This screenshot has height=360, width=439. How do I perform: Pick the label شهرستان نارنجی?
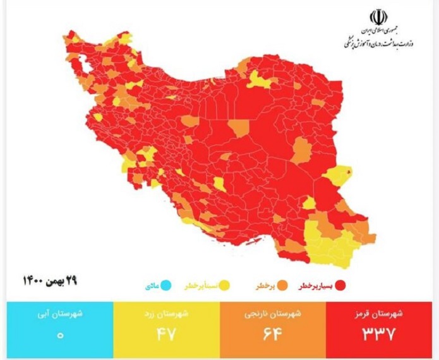pos(273,314)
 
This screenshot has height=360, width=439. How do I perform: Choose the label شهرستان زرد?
pos(166,314)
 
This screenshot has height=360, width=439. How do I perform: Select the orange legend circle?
pos(280,286)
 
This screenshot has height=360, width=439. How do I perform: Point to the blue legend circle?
pos(166,286)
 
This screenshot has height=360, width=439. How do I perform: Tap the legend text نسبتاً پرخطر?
pos(201,286)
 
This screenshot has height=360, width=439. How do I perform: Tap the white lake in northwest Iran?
pos(82,63)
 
